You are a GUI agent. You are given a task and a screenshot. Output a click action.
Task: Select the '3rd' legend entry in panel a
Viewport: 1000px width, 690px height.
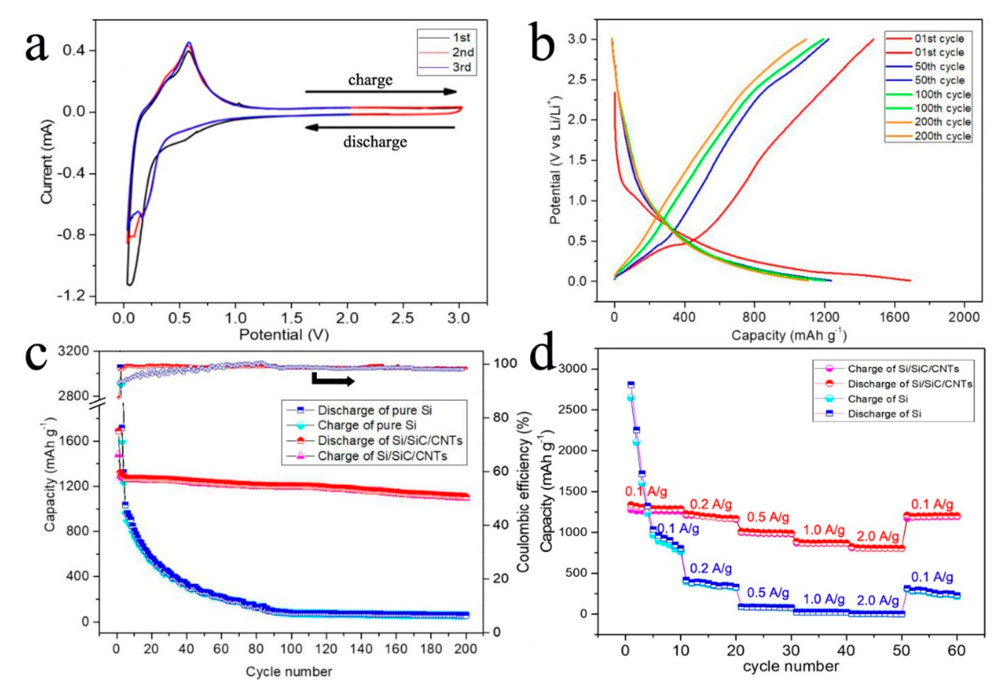tap(462, 67)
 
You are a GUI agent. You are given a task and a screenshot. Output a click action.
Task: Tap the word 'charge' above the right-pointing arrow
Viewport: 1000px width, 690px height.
tap(370, 79)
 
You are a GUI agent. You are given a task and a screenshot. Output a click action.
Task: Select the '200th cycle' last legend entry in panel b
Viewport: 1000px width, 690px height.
tap(942, 136)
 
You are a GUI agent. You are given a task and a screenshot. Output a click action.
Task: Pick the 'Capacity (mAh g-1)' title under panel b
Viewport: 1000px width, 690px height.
tap(788, 335)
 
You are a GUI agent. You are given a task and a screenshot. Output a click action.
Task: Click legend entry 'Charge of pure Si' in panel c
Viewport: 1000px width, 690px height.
tap(367, 426)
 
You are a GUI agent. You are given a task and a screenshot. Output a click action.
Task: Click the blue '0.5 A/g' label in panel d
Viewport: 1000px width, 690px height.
tap(768, 593)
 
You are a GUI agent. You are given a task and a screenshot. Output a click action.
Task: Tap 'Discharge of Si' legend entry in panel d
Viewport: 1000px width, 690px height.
tap(885, 414)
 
